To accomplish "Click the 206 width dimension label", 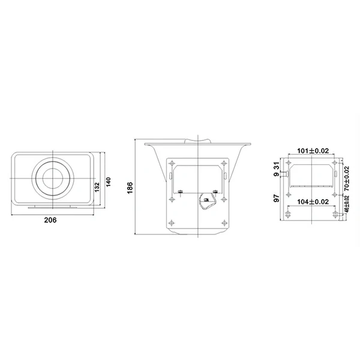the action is tap(50, 220).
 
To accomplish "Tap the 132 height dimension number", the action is tap(97, 187).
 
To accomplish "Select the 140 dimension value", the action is tap(108, 182).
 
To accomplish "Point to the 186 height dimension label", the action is tap(130, 188).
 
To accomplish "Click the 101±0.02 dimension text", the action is tap(313, 151).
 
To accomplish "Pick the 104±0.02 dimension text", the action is tap(313, 202).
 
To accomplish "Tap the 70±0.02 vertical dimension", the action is tap(347, 179).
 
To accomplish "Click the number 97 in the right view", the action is tap(277, 198).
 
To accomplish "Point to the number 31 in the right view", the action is tap(277, 166).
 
